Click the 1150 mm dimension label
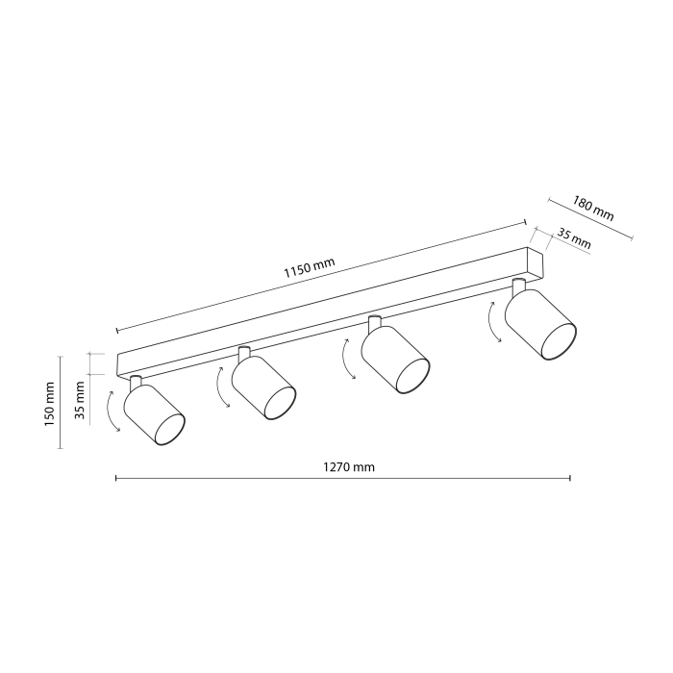pyautogui.click(x=310, y=265)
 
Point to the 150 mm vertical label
pyautogui.click(x=51, y=403)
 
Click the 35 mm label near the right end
pyautogui.click(x=574, y=238)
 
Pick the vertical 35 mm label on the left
pyautogui.click(x=80, y=401)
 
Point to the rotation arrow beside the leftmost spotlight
pyautogui.click(x=111, y=411)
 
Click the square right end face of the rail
pyautogui.click(x=536, y=262)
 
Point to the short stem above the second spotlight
pyautogui.click(x=243, y=353)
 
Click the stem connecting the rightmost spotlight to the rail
pyautogui.click(x=519, y=286)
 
